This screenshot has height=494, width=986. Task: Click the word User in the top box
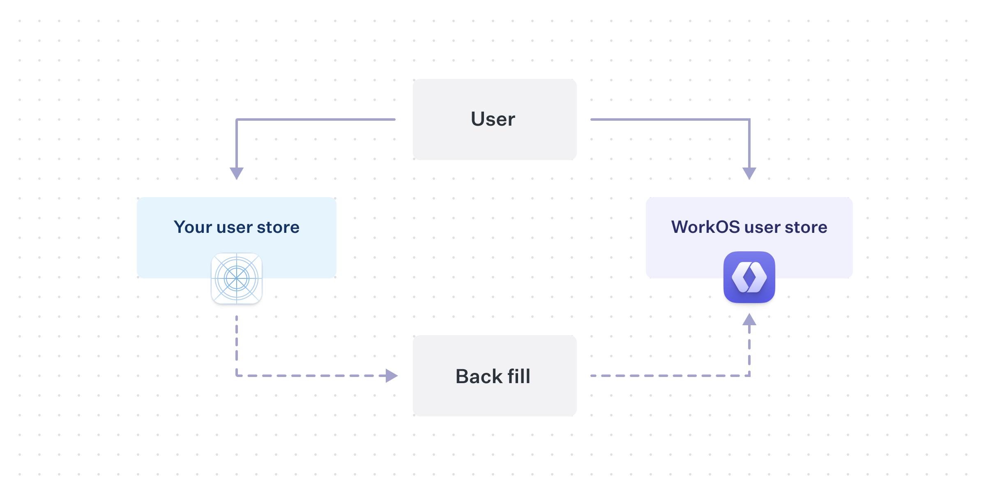pos(493,119)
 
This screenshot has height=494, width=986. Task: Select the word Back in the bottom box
pos(479,376)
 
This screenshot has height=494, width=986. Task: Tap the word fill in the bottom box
pos(519,376)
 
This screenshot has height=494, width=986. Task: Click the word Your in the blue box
pos(193,227)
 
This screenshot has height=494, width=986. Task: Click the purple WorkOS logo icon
pos(749,277)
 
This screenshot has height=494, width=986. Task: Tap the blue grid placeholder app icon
pos(237,278)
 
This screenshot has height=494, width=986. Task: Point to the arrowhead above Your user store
pos(237,173)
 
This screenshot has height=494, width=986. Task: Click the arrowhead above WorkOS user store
pos(749,173)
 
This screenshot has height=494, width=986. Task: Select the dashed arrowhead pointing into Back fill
pos(392,375)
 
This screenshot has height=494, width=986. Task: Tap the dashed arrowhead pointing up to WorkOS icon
pos(749,319)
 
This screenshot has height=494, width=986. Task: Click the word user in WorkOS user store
pos(762,227)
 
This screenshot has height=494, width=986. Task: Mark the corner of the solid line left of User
pos(237,119)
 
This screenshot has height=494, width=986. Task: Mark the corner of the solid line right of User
pos(749,119)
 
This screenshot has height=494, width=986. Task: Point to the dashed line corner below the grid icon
pos(237,375)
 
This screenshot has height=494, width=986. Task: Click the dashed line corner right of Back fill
pos(749,375)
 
